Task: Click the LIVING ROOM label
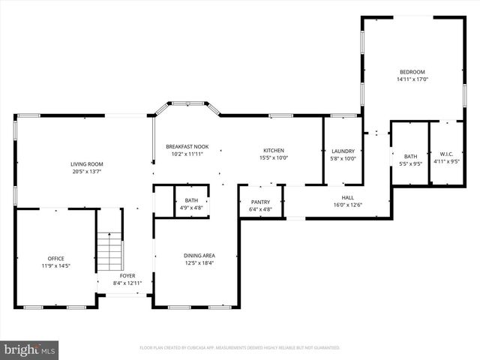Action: (87, 163)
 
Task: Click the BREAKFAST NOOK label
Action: (187, 146)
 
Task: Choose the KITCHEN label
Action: (274, 150)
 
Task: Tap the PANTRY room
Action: (260, 202)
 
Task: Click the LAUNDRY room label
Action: (342, 151)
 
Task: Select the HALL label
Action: (347, 197)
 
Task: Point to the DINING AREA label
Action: (199, 256)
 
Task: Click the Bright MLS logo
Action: (30, 349)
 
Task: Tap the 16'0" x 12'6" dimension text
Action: (347, 205)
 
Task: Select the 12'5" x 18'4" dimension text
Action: (199, 263)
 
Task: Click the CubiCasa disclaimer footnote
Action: (240, 348)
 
